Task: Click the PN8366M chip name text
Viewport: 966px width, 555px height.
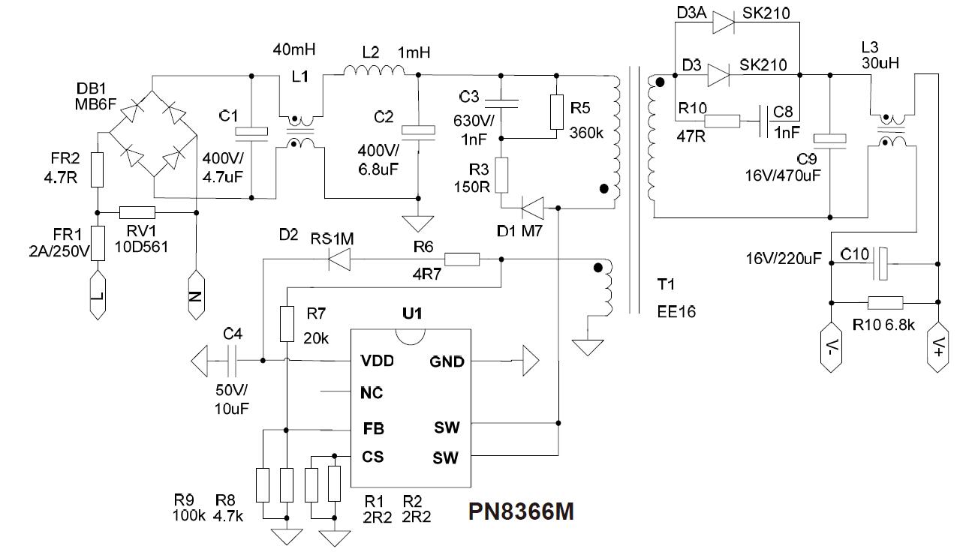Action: click(x=522, y=512)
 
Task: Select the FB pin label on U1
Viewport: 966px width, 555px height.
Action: click(x=374, y=429)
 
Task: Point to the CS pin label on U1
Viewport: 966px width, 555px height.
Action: click(x=374, y=456)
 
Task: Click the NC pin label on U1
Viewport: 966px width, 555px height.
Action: click(x=372, y=392)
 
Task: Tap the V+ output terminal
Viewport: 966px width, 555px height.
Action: click(x=938, y=347)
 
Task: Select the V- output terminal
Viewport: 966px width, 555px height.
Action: click(x=830, y=347)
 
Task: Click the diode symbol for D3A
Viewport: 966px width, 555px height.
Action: click(x=722, y=23)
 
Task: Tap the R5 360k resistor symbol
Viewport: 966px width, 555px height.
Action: click(x=556, y=111)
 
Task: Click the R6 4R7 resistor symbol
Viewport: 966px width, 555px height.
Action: click(x=462, y=260)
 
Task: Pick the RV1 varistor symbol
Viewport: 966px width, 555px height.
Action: click(x=137, y=212)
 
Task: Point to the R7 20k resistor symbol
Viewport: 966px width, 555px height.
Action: click(x=287, y=324)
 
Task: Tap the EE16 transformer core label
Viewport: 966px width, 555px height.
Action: click(x=676, y=311)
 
